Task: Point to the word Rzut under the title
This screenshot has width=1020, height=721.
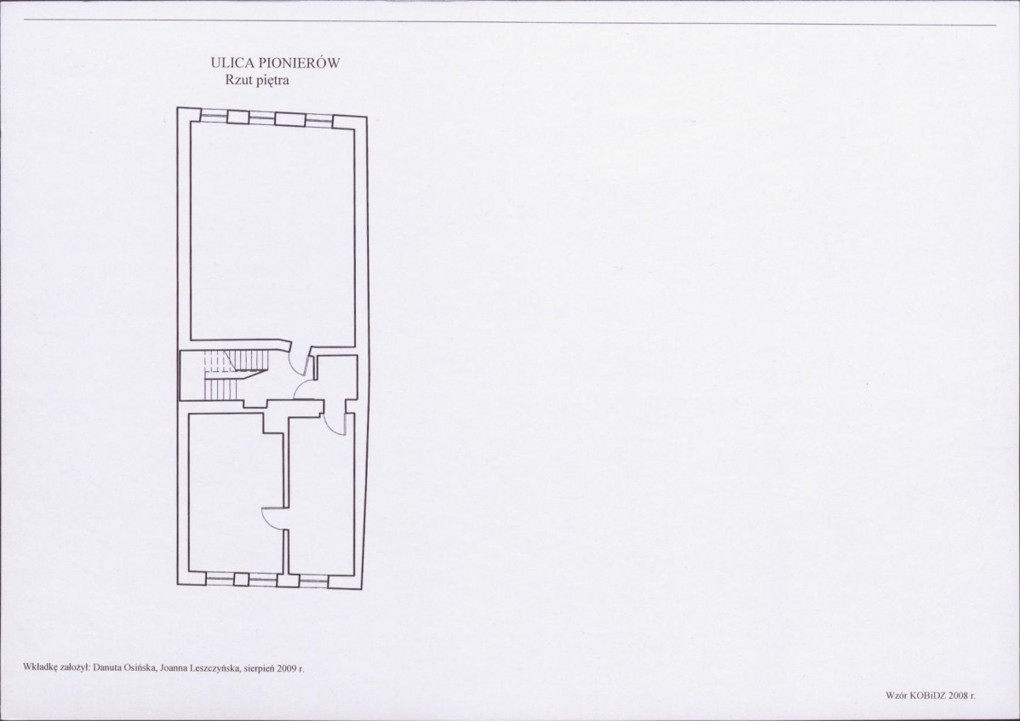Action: pyautogui.click(x=238, y=81)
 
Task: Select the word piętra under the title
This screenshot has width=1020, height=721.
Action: pyautogui.click(x=272, y=81)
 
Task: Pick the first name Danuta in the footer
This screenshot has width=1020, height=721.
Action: pyautogui.click(x=106, y=667)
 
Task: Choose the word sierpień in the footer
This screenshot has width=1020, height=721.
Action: pyautogui.click(x=259, y=667)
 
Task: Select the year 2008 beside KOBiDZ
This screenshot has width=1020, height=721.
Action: pyautogui.click(x=958, y=695)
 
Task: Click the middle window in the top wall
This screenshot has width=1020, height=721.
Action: pyautogui.click(x=262, y=117)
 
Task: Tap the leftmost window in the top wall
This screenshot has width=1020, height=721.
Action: pyautogui.click(x=214, y=116)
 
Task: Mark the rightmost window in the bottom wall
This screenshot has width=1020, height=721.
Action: pyautogui.click(x=315, y=578)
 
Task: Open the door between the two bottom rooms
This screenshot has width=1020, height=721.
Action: pyautogui.click(x=272, y=518)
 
